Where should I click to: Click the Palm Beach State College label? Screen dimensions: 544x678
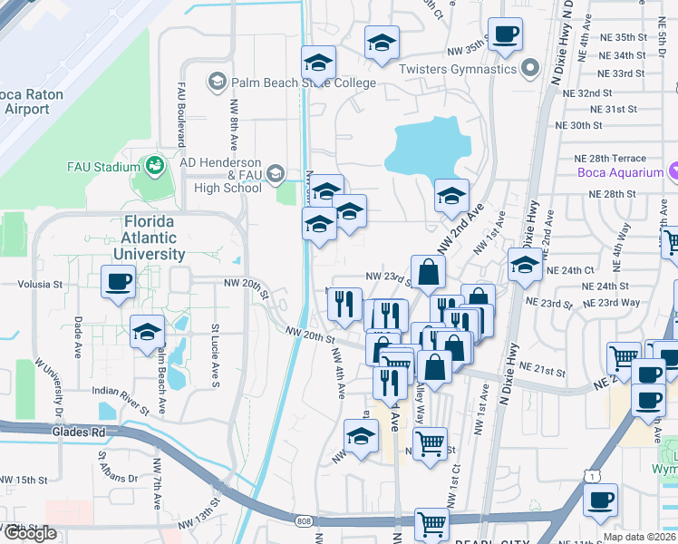[x=303, y=83]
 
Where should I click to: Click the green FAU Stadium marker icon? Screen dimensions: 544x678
[x=155, y=166]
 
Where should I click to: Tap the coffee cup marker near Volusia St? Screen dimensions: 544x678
[x=118, y=281]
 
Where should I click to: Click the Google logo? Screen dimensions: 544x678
[x=30, y=533]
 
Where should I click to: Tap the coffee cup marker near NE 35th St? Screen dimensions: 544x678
[x=506, y=35]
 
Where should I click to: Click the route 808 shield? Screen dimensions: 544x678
[x=303, y=521]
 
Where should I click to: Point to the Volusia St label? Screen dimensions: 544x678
[x=40, y=284]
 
